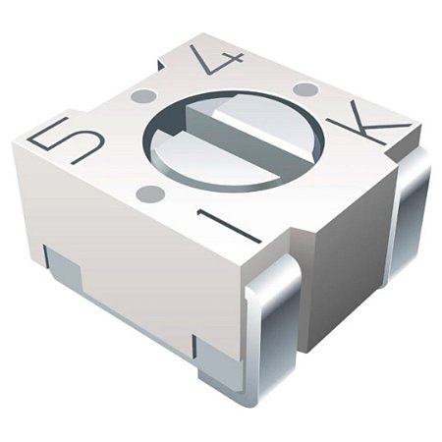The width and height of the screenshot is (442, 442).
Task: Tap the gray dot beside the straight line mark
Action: (x=150, y=191)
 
